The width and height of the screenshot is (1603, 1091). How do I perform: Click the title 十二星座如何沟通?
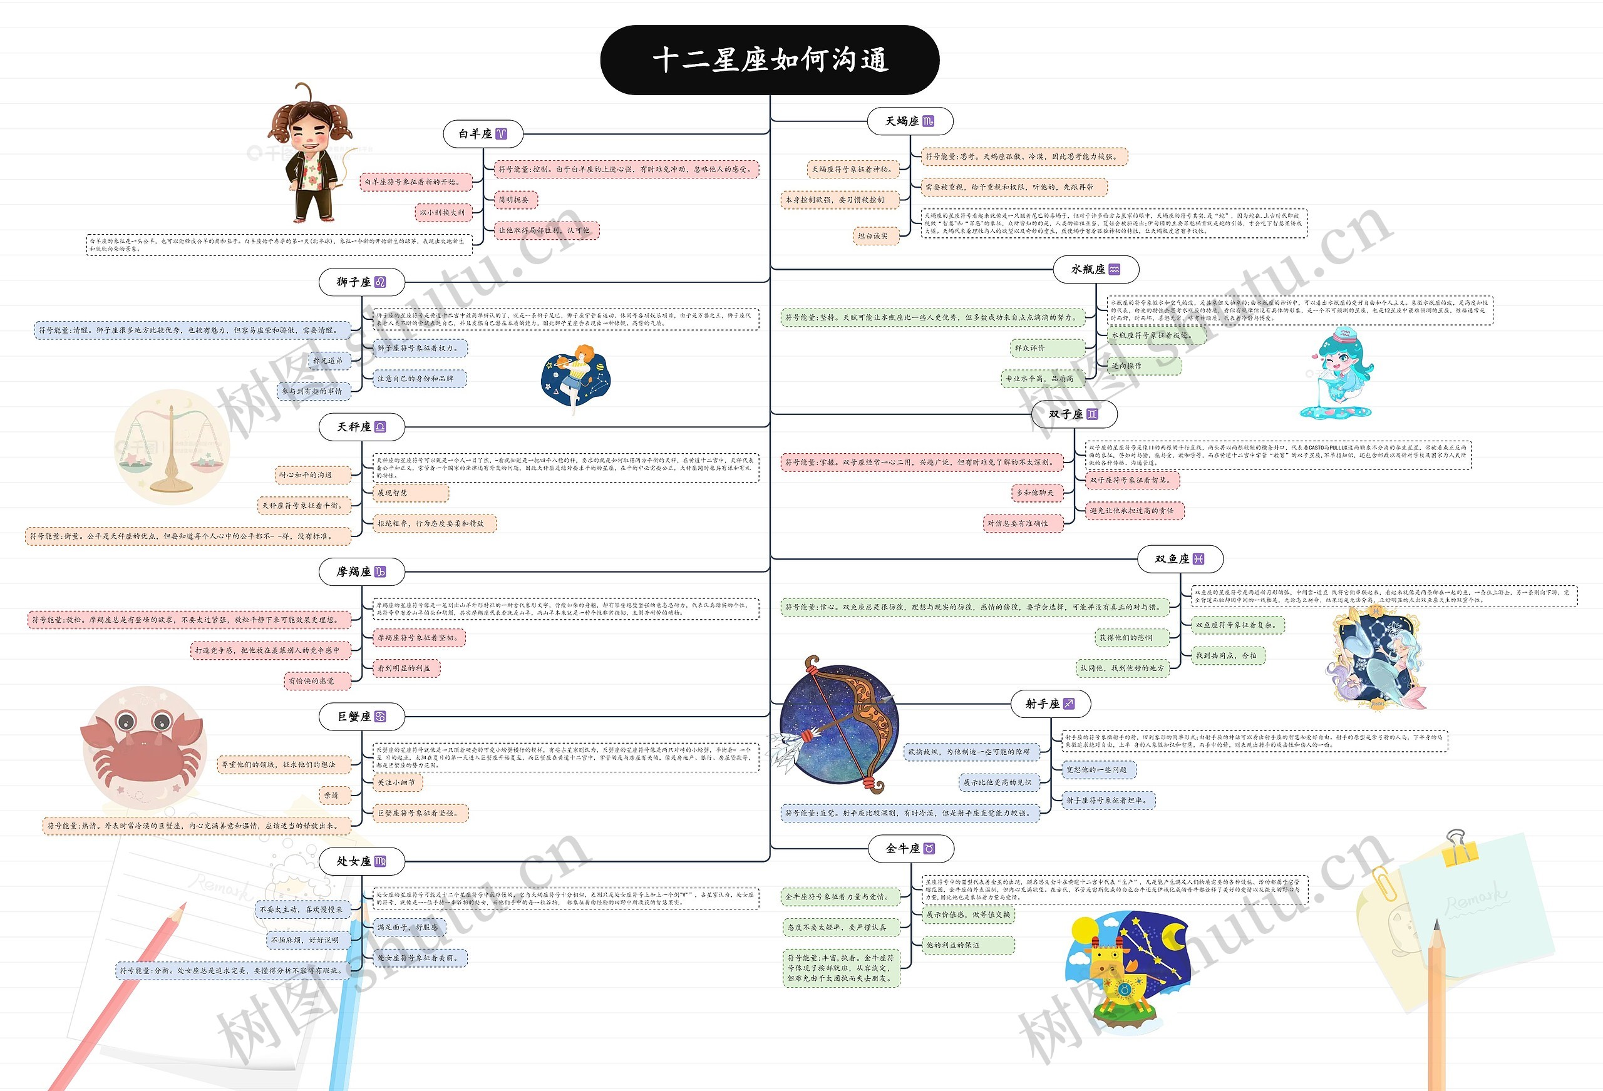(x=770, y=60)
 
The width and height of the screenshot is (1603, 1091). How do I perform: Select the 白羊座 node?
(x=482, y=134)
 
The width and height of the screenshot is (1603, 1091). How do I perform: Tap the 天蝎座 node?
(x=909, y=121)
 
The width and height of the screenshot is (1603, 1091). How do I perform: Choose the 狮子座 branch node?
(x=361, y=282)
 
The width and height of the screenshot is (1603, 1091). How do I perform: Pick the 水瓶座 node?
(x=1095, y=270)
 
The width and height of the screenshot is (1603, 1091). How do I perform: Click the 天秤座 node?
(x=361, y=427)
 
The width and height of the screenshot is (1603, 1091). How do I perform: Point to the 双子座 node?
(x=1073, y=414)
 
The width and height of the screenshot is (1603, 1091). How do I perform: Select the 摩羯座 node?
(x=361, y=571)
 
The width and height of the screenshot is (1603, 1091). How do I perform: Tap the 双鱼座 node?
(x=1179, y=558)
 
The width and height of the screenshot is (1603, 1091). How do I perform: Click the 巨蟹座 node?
(x=361, y=717)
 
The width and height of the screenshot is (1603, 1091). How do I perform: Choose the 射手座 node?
(x=1049, y=704)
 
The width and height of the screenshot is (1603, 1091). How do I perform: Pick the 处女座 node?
(x=361, y=861)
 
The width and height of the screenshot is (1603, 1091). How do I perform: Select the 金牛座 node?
(x=910, y=848)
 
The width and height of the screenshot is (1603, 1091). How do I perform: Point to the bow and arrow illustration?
(x=838, y=724)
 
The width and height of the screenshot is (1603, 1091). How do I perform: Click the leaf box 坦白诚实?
(x=872, y=236)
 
